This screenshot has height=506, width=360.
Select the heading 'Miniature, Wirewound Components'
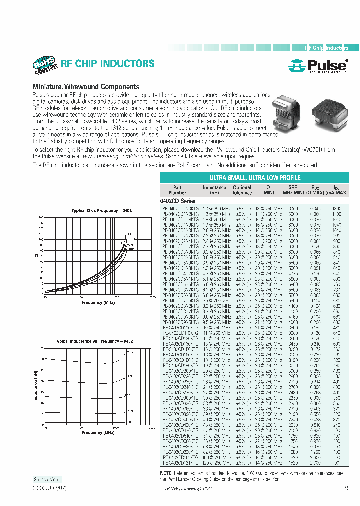(85, 87)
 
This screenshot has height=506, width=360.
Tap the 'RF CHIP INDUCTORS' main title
(107, 64)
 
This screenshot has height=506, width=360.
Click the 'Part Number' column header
(177, 190)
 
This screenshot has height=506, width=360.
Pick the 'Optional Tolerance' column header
(242, 190)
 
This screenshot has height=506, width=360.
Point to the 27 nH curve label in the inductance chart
(129, 353)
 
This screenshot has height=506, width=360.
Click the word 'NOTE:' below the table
(166, 473)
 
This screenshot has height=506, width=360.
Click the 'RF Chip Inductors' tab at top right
(327, 48)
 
